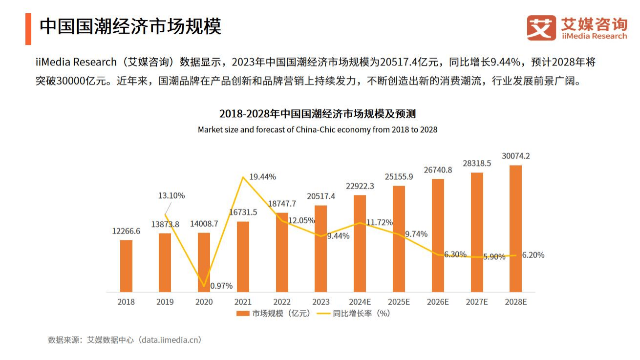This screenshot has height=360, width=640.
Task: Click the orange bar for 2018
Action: (126, 266)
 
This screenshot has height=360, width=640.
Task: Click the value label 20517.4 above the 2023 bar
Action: (321, 196)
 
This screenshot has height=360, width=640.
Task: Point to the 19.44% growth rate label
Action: (262, 176)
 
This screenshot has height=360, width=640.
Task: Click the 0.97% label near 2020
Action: (221, 286)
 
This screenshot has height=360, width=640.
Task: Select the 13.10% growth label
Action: (171, 195)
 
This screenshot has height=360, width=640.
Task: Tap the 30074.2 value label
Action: (516, 156)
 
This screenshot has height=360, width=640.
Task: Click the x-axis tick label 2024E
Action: (360, 302)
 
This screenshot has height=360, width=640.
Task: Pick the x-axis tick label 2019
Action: (165, 302)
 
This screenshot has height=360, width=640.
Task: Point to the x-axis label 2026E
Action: (437, 302)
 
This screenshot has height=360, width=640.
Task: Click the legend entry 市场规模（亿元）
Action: (274, 314)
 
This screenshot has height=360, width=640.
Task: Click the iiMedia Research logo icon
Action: (541, 28)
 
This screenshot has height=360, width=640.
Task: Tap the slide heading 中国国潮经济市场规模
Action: (130, 26)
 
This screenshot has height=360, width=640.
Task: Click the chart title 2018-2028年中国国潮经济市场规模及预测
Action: (317, 114)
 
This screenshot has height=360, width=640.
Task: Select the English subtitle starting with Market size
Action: (317, 129)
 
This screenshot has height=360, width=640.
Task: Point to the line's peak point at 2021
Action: (243, 177)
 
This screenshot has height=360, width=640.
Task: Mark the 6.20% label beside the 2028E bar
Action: (533, 255)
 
